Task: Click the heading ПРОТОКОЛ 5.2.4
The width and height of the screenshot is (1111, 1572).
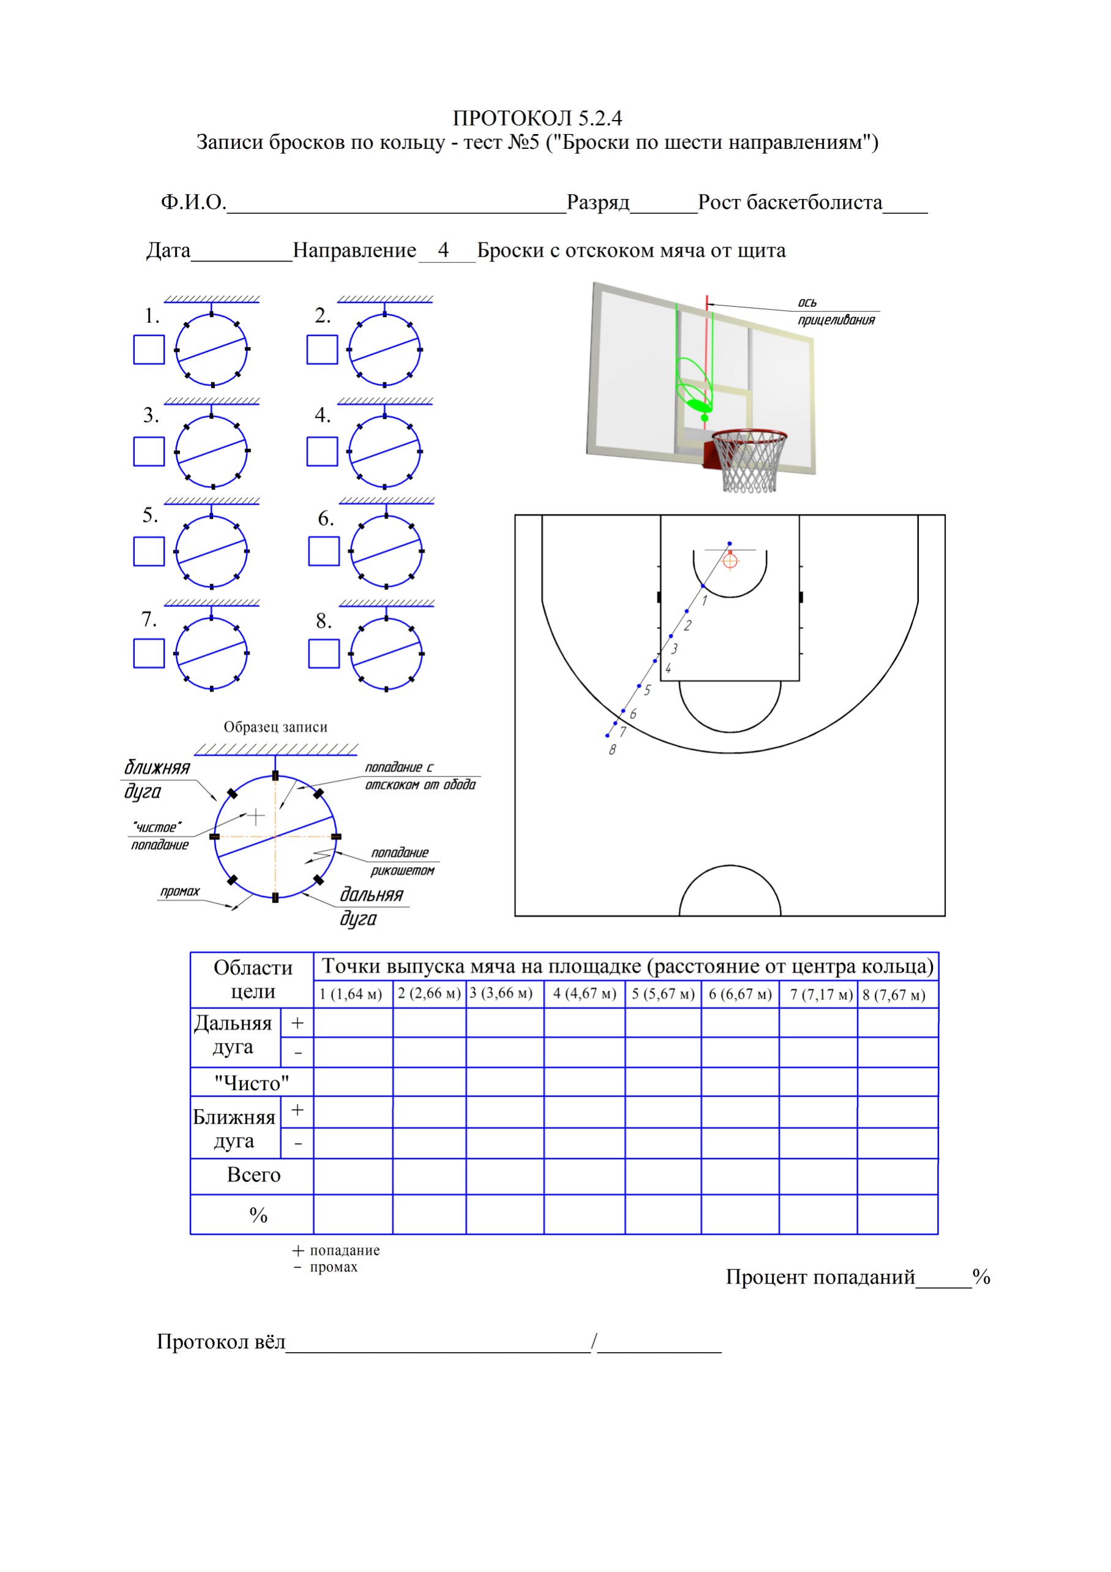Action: [537, 118]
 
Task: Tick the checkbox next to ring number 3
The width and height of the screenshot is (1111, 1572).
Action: [149, 451]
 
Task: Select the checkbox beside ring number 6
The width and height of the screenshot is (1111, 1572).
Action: [324, 551]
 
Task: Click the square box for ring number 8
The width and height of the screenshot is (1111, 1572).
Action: [324, 653]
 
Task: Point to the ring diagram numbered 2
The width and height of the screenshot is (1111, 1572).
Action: [384, 349]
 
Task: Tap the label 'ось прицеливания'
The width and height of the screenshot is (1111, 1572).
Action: [836, 312]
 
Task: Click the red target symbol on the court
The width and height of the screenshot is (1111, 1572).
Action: [730, 562]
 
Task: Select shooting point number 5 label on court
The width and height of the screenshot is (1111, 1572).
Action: [647, 690]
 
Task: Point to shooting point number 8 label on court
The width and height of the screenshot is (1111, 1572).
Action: [612, 750]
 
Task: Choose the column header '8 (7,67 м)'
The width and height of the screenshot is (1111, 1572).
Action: [894, 994]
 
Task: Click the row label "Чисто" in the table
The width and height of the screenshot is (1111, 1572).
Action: [252, 1083]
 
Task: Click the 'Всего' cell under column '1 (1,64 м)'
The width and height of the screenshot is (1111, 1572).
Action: [353, 1176]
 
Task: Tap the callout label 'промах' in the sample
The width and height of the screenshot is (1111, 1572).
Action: [179, 892]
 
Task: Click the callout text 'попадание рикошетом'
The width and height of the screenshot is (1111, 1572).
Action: [403, 861]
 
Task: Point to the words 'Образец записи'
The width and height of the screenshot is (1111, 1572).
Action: [275, 726]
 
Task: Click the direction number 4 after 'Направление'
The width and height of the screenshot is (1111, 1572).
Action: [444, 250]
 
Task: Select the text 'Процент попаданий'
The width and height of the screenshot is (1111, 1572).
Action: [820, 1276]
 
